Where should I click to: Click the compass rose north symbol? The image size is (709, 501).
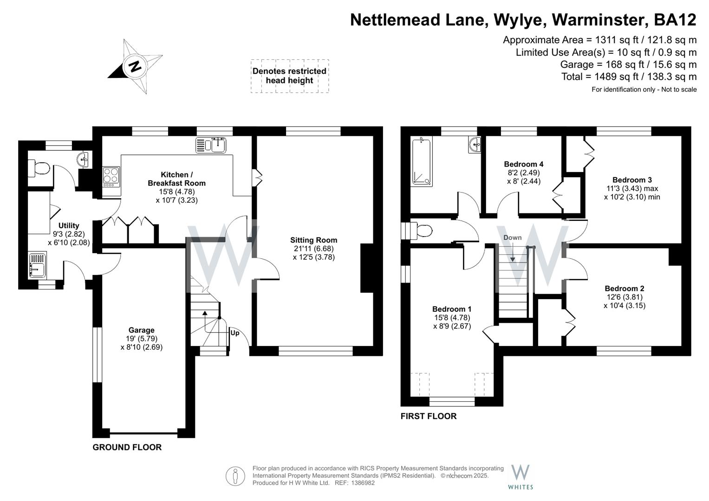point(134,66)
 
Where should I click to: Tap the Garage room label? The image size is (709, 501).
point(141,330)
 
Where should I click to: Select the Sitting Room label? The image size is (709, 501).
point(313,240)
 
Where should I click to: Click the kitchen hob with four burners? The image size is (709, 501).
point(111,177)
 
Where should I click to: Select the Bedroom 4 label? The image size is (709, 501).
point(523,164)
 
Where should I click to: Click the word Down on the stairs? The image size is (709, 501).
point(512,238)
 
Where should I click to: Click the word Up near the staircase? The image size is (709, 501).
point(235,333)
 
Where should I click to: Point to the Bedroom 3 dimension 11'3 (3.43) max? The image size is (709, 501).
point(632,188)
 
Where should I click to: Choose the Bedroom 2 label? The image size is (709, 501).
point(624,289)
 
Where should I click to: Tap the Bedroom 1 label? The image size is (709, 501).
point(451,309)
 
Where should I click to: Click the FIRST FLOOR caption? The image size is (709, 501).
point(428,416)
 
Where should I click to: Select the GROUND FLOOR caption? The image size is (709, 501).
point(127,447)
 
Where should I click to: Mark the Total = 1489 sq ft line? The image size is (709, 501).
point(629,77)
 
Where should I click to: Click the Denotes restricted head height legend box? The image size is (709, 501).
point(289,76)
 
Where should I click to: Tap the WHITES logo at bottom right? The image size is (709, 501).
point(520,476)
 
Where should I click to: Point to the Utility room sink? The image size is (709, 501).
point(37,264)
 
